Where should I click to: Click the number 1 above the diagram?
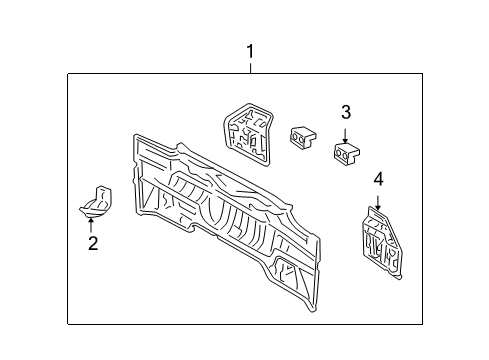tap(250, 51)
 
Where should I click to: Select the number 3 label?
tap(345, 111)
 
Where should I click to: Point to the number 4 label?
tap(378, 180)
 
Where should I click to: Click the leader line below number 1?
tap(250, 67)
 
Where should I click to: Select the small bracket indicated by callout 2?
tap(98, 201)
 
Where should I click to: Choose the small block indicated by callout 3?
tap(346, 151)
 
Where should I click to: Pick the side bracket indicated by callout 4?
tap(379, 241)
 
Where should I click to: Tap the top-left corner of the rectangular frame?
tap(68, 74)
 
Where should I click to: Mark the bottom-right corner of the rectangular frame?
tap(421, 323)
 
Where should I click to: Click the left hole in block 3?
tap(340, 153)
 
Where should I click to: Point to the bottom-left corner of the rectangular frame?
tap(68, 323)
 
